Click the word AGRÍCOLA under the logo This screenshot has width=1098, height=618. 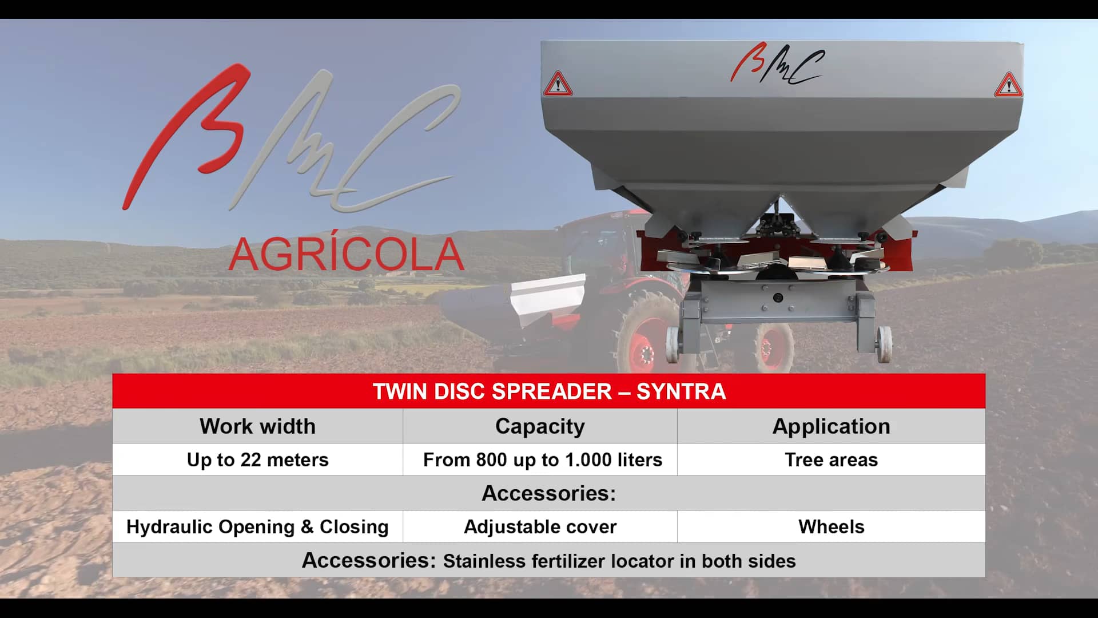[346, 255]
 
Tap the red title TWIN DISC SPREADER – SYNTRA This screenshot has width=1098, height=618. [549, 391]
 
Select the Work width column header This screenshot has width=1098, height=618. [257, 426]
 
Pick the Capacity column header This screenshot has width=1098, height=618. [540, 426]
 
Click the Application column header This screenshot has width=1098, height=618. [831, 426]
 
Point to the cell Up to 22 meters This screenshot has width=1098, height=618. [257, 459]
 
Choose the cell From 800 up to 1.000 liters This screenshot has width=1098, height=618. [542, 459]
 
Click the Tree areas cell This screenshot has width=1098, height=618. [831, 459]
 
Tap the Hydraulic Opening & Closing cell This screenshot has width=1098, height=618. [257, 526]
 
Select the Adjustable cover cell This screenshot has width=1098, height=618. [540, 526]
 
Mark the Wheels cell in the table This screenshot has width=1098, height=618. [831, 526]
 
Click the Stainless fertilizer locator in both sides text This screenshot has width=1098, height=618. [619, 561]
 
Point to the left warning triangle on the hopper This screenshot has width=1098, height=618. [558, 84]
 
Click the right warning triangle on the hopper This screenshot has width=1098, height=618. [1008, 86]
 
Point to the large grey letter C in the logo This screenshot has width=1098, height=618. [395, 149]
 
